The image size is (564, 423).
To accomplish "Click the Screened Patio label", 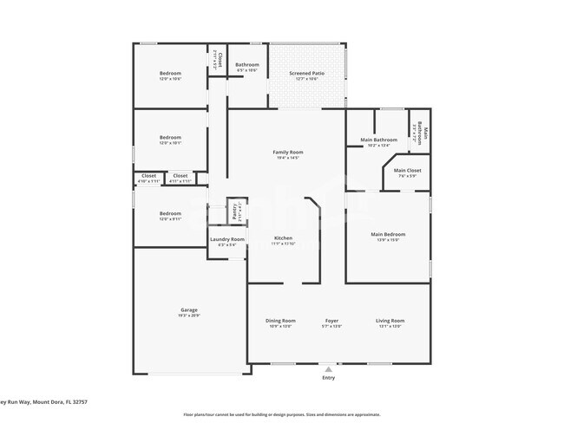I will click(x=305, y=73).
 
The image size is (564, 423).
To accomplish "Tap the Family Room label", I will click(x=287, y=152).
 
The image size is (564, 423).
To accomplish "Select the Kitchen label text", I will click(x=284, y=238).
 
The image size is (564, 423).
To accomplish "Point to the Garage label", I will click(x=189, y=309).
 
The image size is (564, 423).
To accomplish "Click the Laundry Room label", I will click(x=227, y=239).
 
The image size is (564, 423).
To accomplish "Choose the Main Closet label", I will click(x=407, y=170).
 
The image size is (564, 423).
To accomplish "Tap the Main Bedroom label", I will click(x=388, y=234).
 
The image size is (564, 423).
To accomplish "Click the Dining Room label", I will click(x=280, y=321).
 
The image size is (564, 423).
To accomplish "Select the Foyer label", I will click(x=331, y=321).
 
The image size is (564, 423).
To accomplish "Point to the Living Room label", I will click(x=390, y=321).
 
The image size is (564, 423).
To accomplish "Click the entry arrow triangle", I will click(x=328, y=369).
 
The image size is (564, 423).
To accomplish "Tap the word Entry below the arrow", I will click(x=328, y=378).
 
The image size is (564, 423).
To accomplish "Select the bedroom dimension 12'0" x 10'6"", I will click(x=170, y=79).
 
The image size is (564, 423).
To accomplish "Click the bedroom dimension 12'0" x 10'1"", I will click(x=170, y=143).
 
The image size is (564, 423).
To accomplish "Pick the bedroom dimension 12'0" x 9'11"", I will click(x=170, y=219).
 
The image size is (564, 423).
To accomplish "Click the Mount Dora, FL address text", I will click(x=43, y=402).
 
